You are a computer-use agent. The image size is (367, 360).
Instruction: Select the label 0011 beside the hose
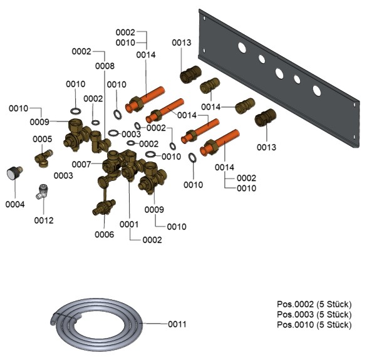coord(177,324)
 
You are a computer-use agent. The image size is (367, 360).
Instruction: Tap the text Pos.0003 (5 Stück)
coord(314,314)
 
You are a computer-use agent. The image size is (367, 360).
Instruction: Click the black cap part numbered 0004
coord(14,173)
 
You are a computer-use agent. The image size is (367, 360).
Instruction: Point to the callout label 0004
coord(15,205)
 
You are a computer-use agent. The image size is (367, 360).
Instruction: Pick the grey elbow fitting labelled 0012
coord(42,191)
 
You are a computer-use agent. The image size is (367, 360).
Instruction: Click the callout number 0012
coord(44,220)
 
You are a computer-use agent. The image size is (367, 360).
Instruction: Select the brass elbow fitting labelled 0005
coord(44,158)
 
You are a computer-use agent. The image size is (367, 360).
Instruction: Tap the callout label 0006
coord(105,234)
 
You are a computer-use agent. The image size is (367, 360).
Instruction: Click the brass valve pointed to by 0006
coord(104,207)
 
